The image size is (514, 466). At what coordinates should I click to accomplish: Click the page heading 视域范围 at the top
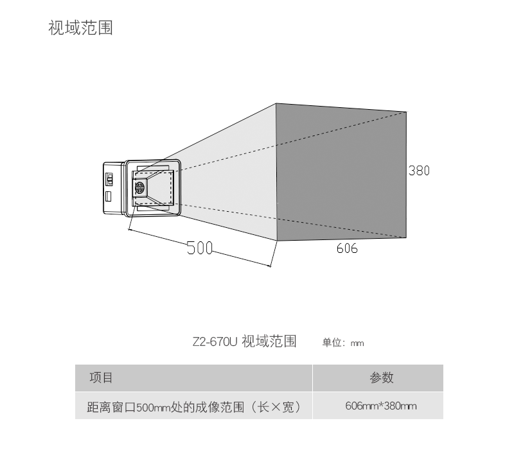80,28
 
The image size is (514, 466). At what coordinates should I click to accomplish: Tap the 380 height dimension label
419,171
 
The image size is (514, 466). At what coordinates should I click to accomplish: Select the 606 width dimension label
347,248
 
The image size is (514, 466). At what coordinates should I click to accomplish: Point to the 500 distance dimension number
199,248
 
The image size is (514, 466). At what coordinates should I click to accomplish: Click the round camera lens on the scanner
140,188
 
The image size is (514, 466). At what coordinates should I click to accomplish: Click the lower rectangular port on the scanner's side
109,194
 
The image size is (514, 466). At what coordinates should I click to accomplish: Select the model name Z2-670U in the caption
215,341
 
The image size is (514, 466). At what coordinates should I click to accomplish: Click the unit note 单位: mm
343,343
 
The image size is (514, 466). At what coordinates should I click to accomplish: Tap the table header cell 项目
101,377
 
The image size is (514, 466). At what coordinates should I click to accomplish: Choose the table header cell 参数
381,377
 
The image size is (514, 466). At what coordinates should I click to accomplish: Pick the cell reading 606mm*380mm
380,406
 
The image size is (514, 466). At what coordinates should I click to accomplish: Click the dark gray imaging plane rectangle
341,172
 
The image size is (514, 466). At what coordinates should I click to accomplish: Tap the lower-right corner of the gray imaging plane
406,237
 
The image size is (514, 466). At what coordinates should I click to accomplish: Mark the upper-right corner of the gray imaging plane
406,112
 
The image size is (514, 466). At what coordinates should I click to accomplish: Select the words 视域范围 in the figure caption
269,341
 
